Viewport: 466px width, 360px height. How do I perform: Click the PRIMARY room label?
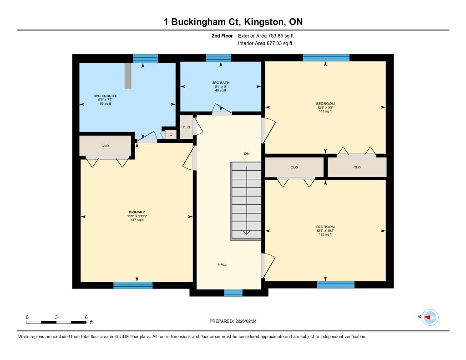coord(137,212)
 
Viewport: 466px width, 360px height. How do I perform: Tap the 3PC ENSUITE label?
coord(106,96)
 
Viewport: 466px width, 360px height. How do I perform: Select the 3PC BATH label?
coord(221,83)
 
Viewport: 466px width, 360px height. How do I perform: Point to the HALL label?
coord(222,264)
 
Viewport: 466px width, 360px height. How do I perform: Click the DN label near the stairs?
coord(247,153)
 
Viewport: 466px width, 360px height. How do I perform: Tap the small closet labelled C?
coord(171,135)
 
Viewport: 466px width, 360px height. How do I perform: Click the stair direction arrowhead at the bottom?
coord(247,233)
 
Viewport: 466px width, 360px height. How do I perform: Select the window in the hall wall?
coord(233,293)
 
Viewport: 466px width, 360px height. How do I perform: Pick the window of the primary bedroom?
coord(133,285)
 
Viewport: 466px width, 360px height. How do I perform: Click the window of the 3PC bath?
coord(218,58)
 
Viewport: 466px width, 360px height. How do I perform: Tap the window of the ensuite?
coord(145,58)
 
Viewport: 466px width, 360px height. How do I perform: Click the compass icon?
coord(430,318)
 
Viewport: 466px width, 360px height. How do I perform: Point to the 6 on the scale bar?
coord(86,317)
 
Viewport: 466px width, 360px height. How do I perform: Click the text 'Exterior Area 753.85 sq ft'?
coord(266,35)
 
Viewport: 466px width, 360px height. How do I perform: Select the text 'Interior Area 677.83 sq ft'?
coord(265,43)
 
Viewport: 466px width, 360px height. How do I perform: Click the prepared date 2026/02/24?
coord(246,321)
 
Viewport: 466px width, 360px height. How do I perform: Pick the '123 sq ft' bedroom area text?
coord(325,234)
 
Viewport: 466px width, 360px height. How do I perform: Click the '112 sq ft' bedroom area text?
coord(325,111)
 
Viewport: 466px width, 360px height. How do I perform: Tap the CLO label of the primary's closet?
coord(105,146)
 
